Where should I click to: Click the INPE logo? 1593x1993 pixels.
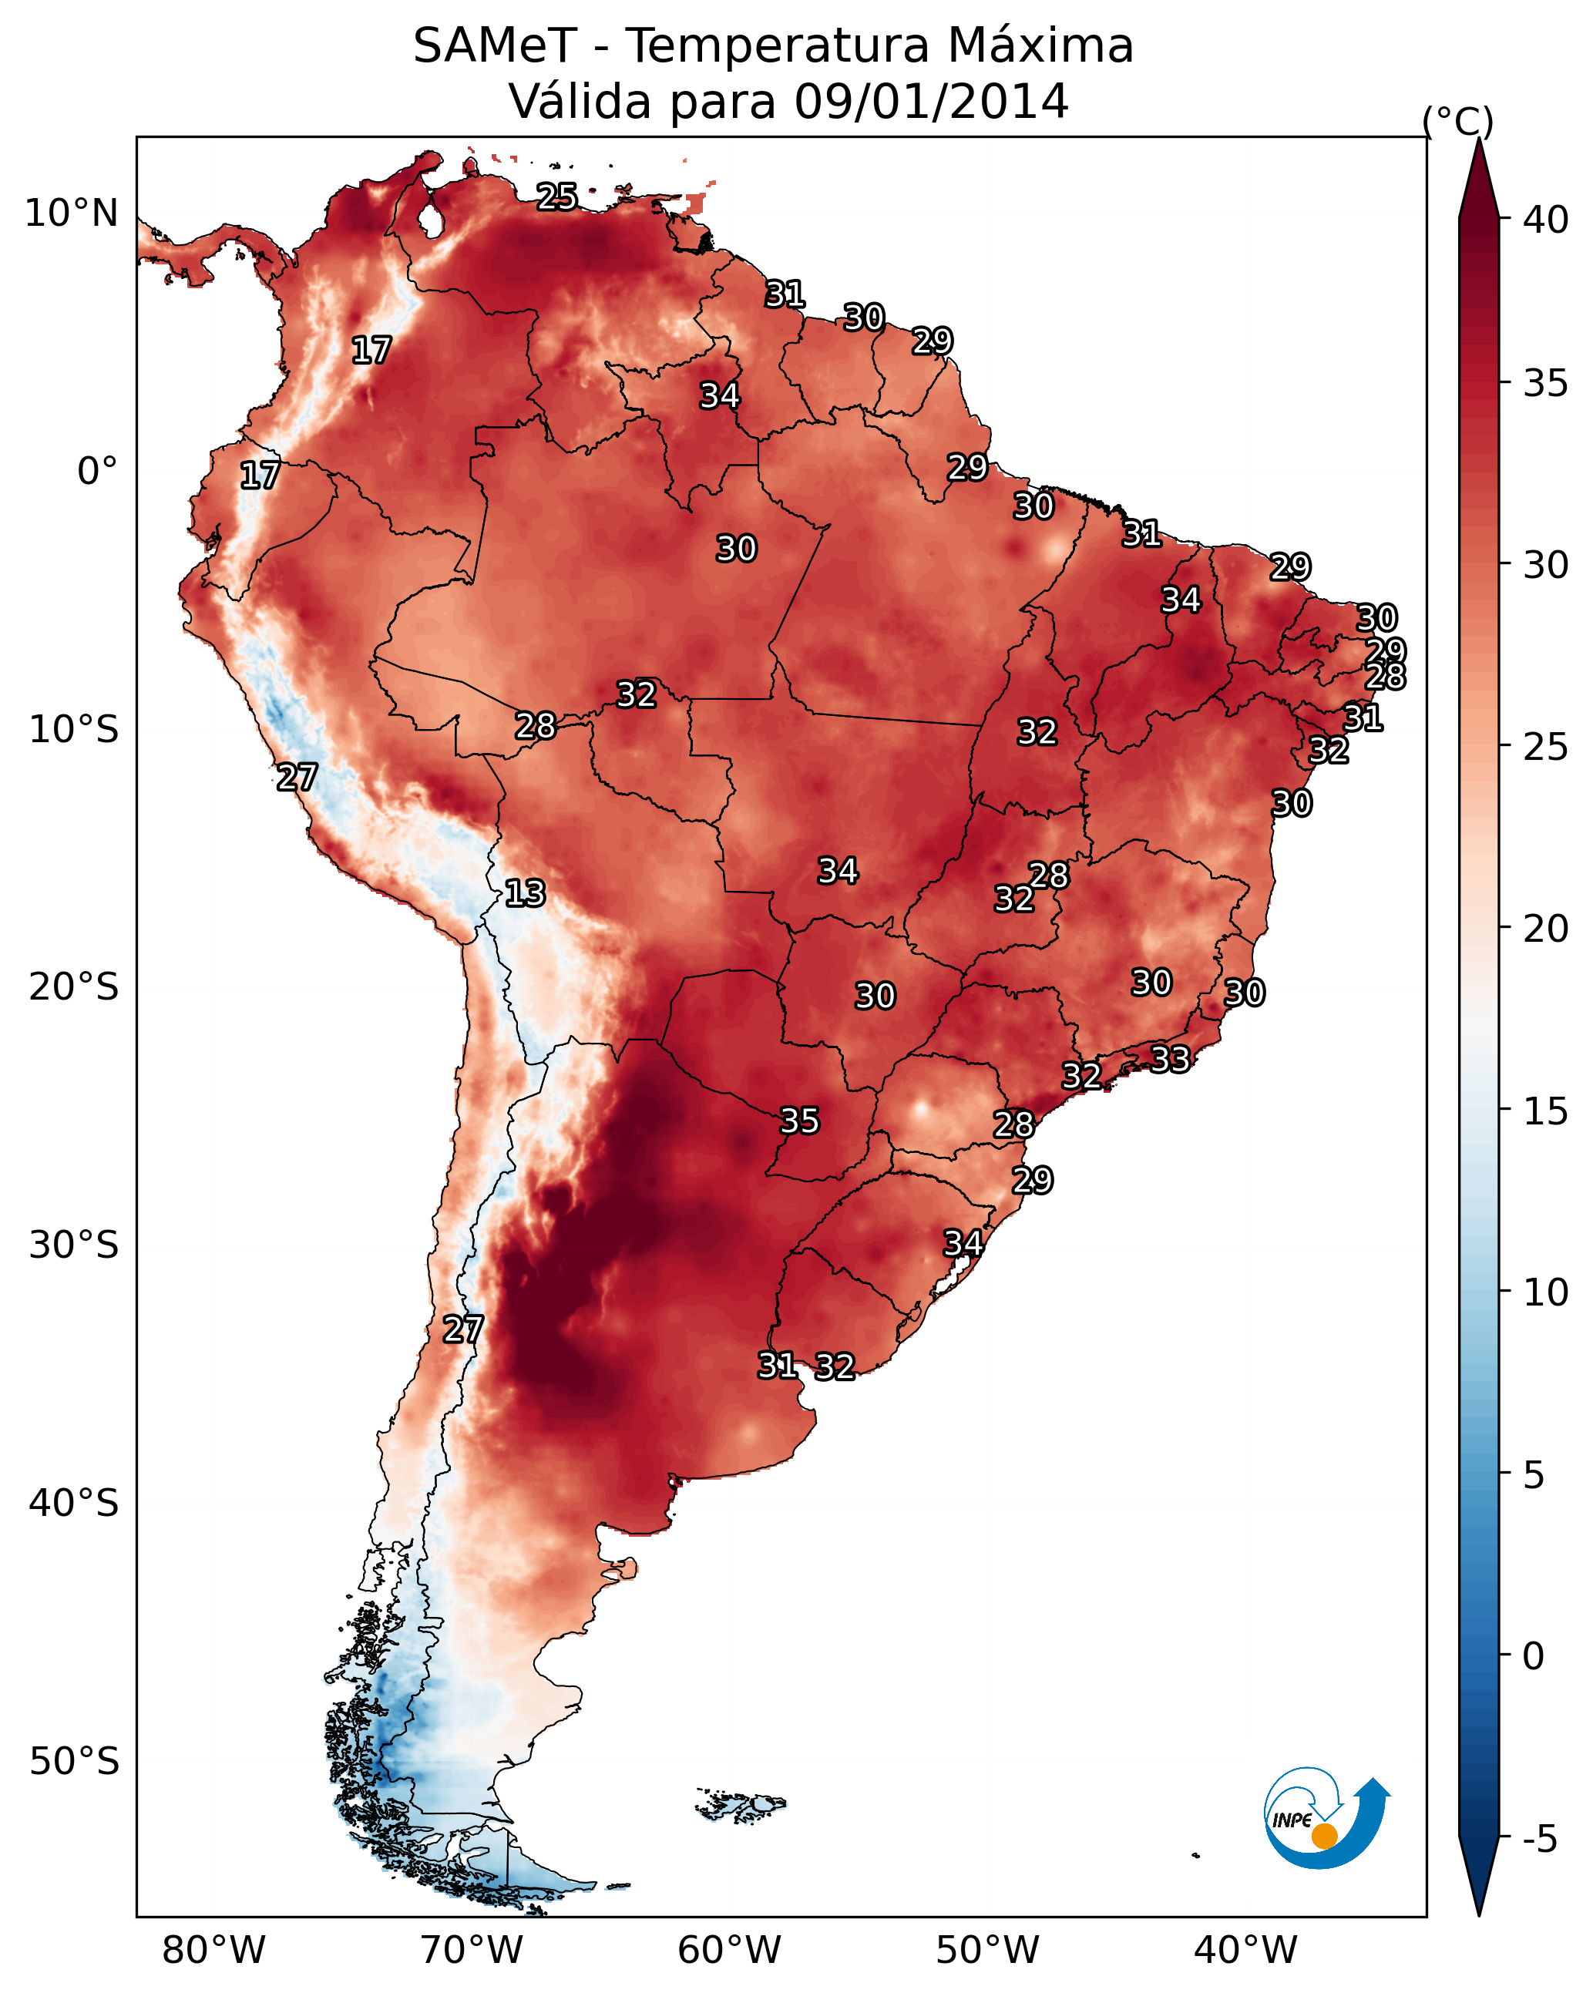1324,1822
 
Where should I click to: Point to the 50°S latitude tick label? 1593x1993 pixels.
74,1762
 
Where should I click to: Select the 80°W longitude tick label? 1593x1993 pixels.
213,1951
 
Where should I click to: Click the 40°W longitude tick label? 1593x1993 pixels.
1245,1951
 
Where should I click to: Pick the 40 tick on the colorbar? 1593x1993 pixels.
1546,220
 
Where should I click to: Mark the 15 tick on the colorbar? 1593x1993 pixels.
1546,1111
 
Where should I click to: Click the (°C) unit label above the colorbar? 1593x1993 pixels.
1457,121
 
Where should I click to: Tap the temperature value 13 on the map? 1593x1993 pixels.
525,893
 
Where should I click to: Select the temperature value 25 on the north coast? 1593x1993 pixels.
557,196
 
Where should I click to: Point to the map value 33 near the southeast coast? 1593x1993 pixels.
1170,1058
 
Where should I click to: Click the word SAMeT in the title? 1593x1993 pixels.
495,46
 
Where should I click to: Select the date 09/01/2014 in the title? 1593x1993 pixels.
931,102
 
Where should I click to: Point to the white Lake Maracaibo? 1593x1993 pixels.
430,222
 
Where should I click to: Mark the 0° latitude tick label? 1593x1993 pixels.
97,472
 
